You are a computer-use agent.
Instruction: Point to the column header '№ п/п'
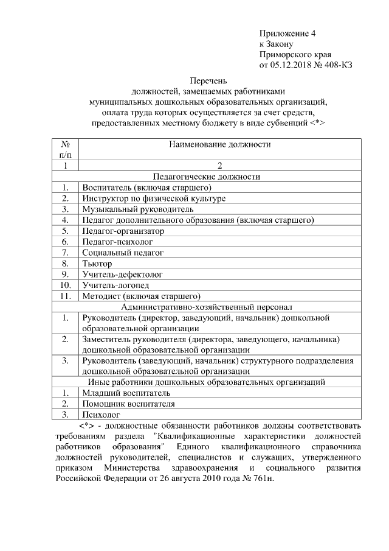pyautogui.click(x=66, y=150)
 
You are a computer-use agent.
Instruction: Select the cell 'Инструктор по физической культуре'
pyautogui.click(x=154, y=198)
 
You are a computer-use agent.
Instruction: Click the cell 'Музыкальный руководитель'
pyautogui.click(x=138, y=209)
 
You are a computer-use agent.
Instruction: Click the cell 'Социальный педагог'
pyautogui.click(x=123, y=252)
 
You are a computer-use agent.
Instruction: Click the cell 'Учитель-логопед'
pyautogui.click(x=115, y=285)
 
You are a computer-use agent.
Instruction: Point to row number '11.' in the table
pyautogui.click(x=66, y=296)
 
